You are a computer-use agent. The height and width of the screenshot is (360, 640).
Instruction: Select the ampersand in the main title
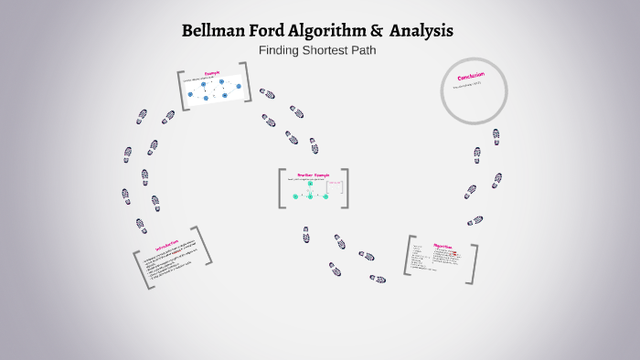pos(377,31)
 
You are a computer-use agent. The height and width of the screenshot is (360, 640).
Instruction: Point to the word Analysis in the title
pos(421,31)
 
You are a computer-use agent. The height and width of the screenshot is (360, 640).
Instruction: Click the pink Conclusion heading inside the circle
pos(472,77)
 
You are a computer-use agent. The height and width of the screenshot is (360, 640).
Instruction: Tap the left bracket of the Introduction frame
pos(140,270)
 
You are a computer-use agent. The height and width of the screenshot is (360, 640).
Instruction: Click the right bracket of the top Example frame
pos(247,85)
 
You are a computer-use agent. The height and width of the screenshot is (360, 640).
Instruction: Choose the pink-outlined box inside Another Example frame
pos(335,188)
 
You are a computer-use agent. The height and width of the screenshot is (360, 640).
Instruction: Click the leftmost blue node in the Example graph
pos(191,94)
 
